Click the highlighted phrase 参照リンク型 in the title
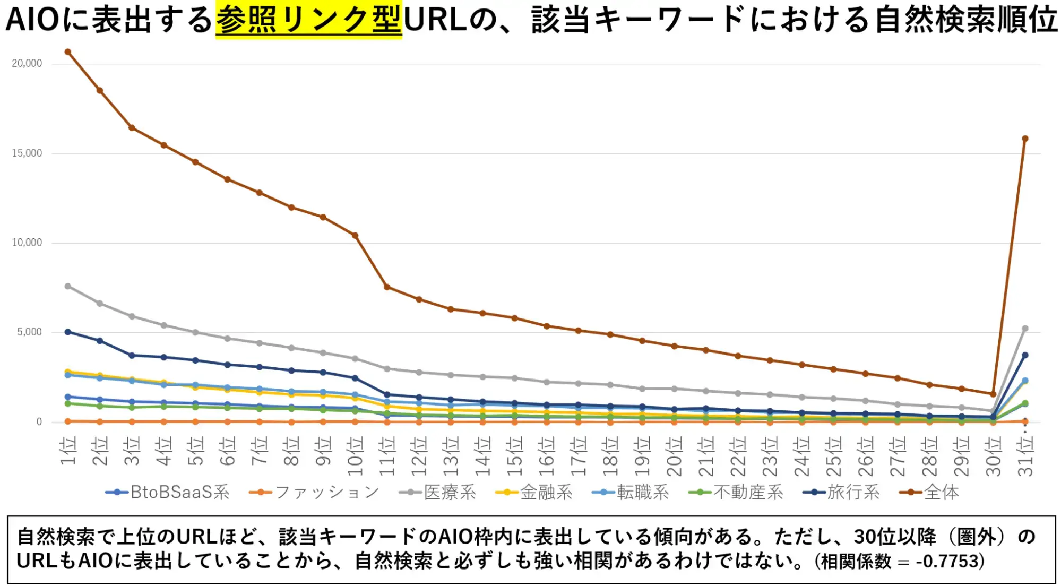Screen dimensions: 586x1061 [308, 20]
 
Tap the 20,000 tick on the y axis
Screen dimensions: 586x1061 [27, 63]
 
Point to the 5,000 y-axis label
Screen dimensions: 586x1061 [29, 332]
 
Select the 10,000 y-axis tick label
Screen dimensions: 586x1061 [27, 243]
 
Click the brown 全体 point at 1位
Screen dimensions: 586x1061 [68, 52]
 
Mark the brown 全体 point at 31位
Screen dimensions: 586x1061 [1025, 139]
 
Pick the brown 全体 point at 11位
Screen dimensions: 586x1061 [387, 287]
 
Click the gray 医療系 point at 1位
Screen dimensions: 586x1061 [68, 286]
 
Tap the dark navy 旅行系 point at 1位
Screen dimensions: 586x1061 [68, 332]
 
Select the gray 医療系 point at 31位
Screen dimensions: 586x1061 [1025, 329]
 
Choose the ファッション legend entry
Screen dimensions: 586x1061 [314, 493]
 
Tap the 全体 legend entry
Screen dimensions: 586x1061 [930, 493]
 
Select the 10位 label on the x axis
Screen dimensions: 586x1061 [355, 456]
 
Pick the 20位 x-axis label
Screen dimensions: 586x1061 [674, 456]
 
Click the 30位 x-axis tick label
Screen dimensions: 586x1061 [993, 456]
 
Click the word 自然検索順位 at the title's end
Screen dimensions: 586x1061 [965, 20]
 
